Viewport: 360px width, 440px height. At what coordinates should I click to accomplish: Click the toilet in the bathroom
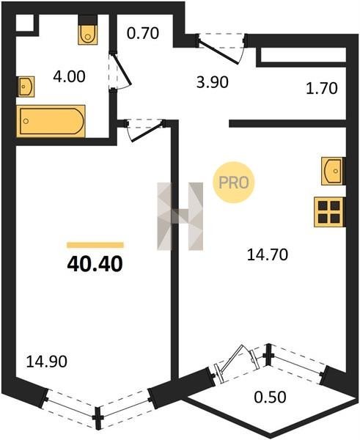[88, 29]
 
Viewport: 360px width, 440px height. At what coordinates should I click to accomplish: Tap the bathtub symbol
[51, 121]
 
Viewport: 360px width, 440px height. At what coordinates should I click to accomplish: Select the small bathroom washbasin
[26, 87]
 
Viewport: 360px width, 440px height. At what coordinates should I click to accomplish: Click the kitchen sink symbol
[334, 171]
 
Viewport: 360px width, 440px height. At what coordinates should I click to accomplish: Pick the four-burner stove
[329, 212]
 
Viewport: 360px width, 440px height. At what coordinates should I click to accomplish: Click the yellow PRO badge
[233, 183]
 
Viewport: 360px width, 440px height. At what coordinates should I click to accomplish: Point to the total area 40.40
[95, 264]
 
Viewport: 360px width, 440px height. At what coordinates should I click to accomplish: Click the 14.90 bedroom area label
[47, 362]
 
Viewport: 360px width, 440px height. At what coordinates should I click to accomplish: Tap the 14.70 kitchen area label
[268, 255]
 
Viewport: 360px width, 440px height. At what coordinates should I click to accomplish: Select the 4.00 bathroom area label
[69, 76]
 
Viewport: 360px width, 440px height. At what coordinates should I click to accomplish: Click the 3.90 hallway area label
[213, 82]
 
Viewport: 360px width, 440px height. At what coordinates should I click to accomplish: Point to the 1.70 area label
[321, 89]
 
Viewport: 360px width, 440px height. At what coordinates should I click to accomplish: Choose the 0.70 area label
[143, 33]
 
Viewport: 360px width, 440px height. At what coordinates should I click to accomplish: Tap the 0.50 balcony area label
[271, 397]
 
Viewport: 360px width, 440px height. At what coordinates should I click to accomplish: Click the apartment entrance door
[221, 47]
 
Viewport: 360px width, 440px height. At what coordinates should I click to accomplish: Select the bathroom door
[120, 72]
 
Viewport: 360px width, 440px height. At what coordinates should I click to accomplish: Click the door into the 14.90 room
[145, 131]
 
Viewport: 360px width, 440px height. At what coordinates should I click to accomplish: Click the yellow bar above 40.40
[95, 245]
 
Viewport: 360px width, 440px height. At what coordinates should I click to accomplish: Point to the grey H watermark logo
[180, 216]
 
